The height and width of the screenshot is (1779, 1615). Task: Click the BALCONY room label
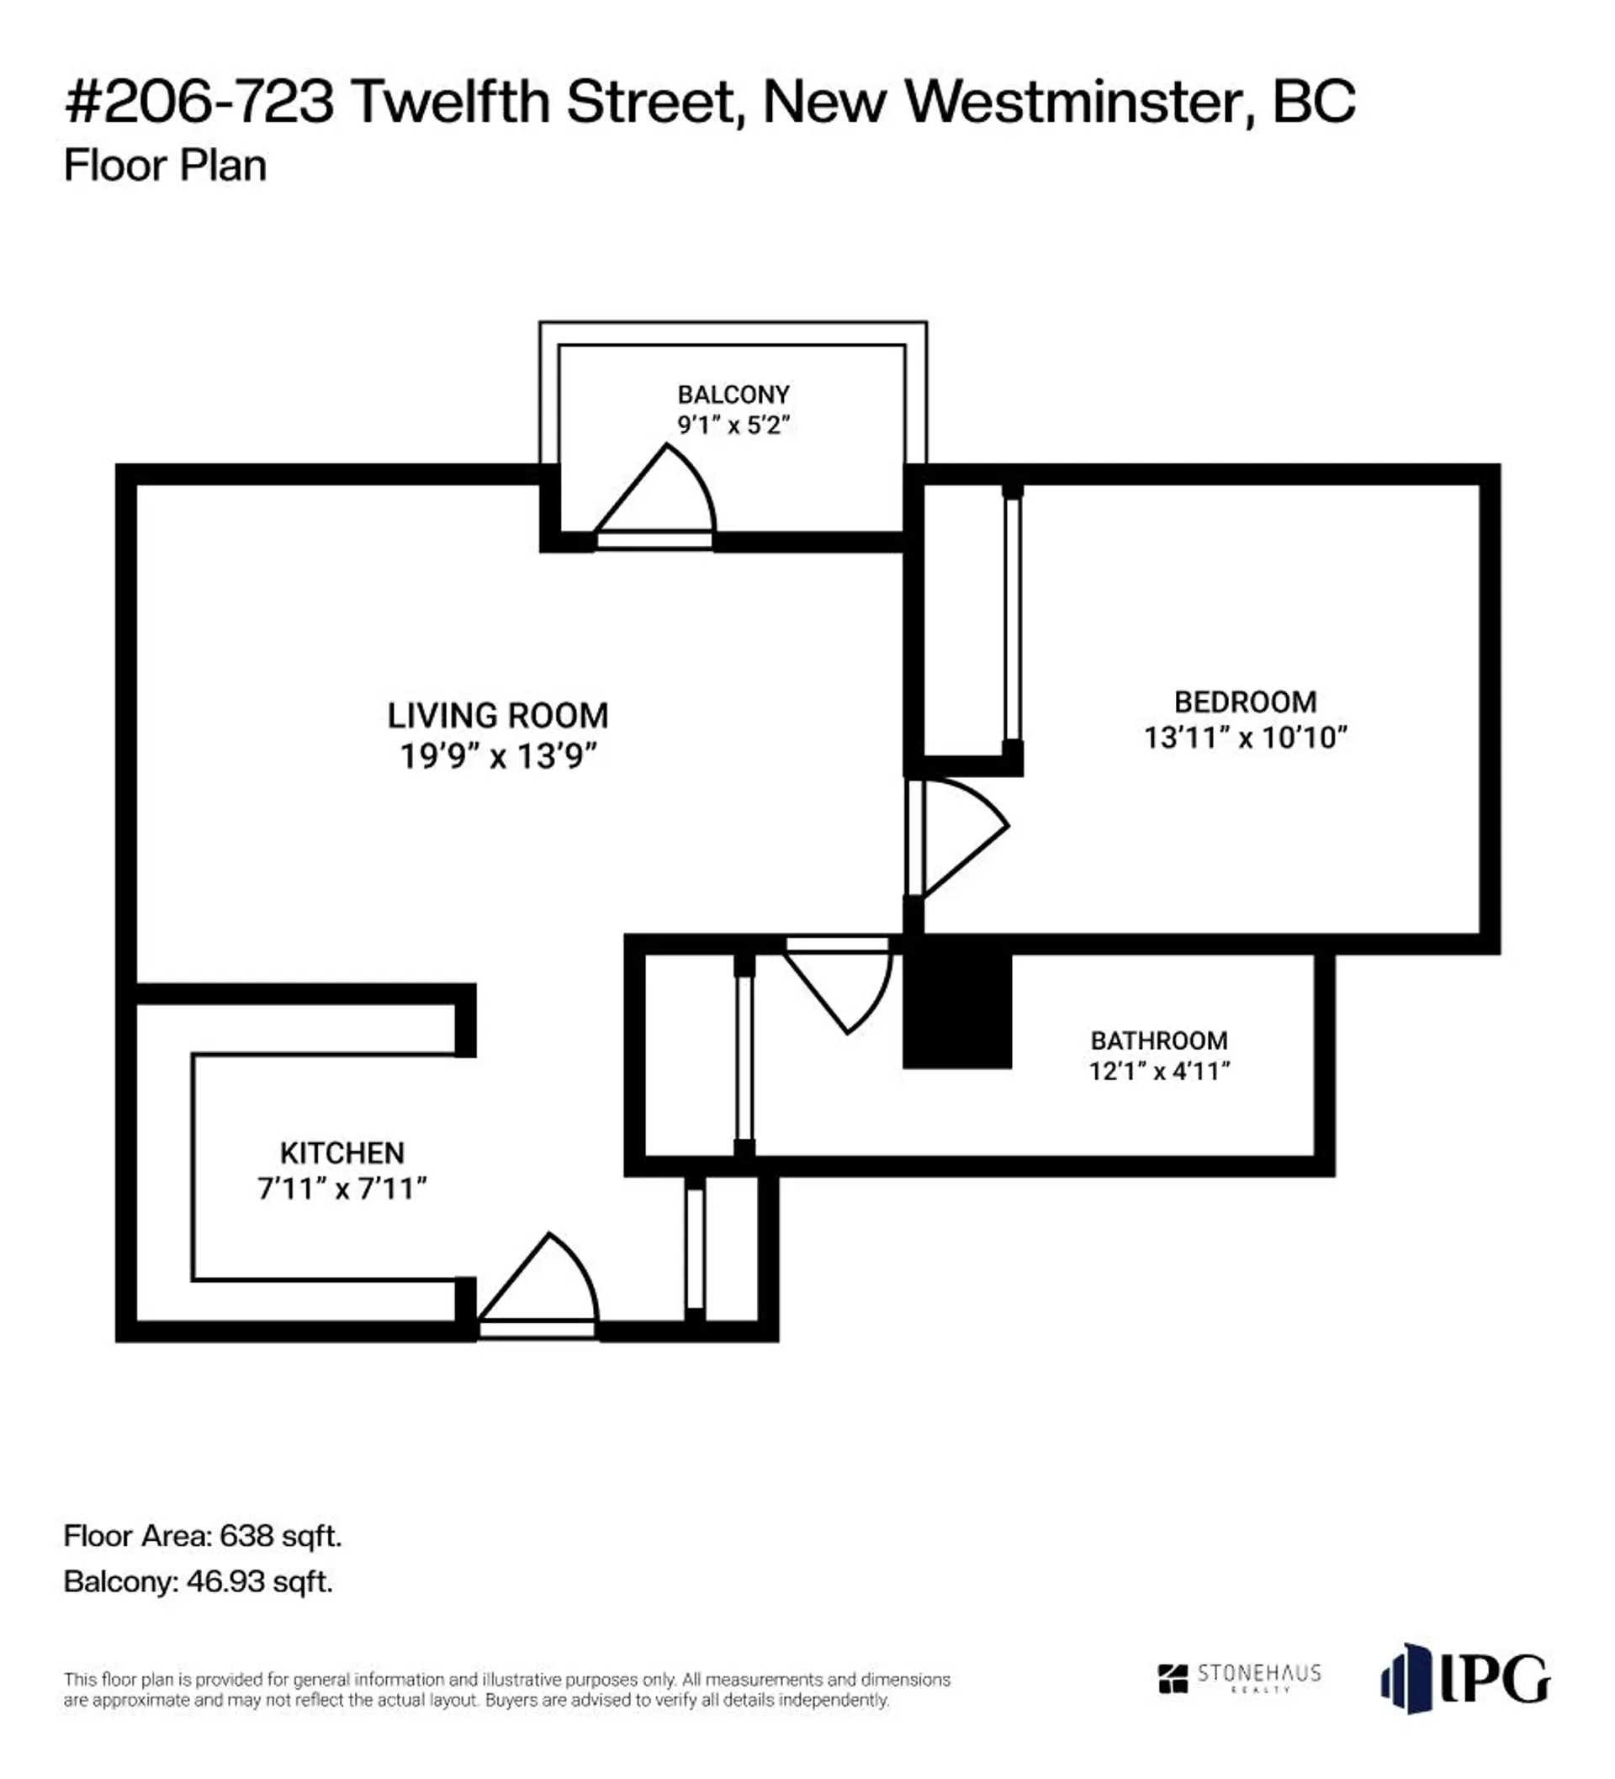click(x=733, y=394)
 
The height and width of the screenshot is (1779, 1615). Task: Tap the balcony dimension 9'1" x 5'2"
click(x=733, y=426)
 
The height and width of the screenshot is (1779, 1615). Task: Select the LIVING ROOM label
click(x=498, y=716)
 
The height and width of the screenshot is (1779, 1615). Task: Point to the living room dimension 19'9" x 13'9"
click(x=498, y=756)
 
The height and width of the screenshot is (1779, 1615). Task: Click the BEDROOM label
click(x=1244, y=702)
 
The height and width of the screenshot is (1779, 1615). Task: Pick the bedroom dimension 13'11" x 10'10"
click(x=1244, y=738)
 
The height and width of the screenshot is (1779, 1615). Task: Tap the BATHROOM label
click(x=1159, y=1040)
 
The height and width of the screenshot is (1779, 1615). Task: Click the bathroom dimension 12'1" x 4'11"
click(x=1159, y=1072)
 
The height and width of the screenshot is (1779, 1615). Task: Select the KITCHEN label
click(x=342, y=1152)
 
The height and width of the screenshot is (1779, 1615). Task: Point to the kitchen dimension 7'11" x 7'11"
click(x=342, y=1189)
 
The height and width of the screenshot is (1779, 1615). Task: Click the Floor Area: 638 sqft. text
click(x=202, y=1535)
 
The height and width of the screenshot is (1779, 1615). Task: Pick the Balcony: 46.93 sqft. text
click(x=198, y=1581)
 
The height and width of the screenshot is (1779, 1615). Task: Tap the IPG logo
click(x=1464, y=1677)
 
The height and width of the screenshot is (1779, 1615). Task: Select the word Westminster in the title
click(x=1073, y=102)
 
